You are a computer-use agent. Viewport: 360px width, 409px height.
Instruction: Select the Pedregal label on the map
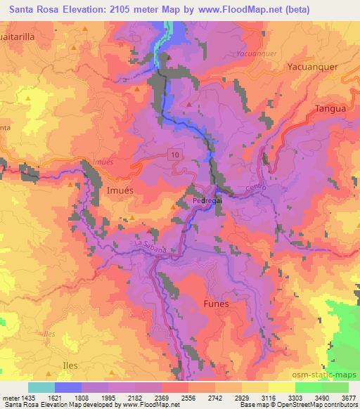[x=207, y=200]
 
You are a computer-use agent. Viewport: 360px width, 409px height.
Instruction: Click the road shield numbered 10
[x=174, y=153]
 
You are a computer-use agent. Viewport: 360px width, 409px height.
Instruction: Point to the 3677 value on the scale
[x=349, y=397]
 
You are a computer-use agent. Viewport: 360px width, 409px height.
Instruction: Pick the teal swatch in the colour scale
[x=41, y=387]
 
